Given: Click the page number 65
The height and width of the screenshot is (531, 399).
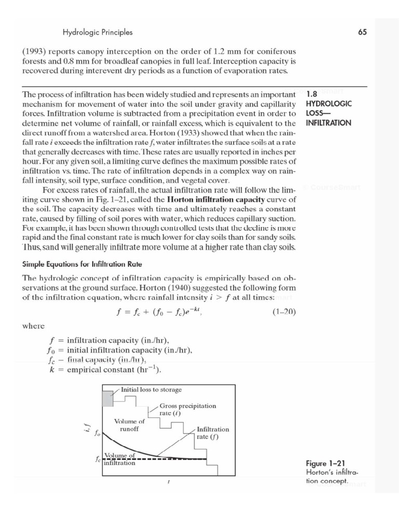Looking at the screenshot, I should (362, 32).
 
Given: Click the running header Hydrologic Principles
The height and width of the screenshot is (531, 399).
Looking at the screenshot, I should (98, 32).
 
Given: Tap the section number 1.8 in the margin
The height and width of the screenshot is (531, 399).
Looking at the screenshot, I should (312, 95).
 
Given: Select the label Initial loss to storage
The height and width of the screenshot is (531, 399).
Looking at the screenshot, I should (151, 389).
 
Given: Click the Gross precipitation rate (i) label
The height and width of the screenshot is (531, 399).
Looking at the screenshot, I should (188, 409).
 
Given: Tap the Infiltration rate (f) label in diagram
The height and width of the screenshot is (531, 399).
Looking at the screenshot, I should (212, 432).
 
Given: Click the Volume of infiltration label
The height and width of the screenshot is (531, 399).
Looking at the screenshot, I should (120, 459).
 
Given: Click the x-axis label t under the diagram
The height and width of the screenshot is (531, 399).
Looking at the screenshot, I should (169, 482).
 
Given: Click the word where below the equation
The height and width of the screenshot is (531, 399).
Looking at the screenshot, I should (33, 326).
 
